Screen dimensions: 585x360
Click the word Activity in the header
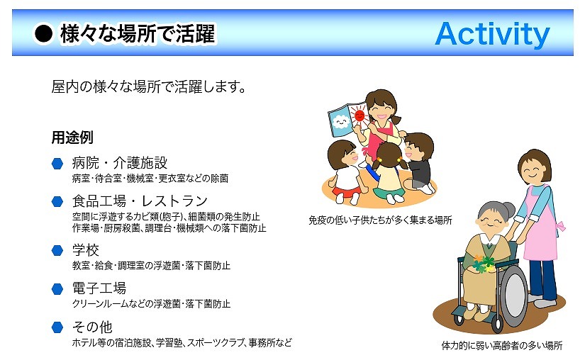[x=493, y=34]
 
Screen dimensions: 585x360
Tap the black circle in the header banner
[x=44, y=34]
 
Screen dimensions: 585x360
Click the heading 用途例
[x=72, y=137]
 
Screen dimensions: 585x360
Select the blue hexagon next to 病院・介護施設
[x=57, y=163]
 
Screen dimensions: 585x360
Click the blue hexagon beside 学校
[x=57, y=250]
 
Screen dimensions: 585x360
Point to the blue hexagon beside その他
[x=57, y=327]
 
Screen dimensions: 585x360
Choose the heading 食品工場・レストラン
[x=140, y=201]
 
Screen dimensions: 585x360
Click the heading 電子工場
[x=99, y=288]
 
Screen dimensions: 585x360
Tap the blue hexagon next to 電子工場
[x=57, y=289]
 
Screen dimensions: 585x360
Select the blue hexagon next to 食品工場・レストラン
[x=57, y=202]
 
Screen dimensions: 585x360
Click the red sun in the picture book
[x=360, y=115]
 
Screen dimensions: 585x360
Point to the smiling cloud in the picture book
[x=341, y=121]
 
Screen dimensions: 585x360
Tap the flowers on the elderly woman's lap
[x=484, y=263]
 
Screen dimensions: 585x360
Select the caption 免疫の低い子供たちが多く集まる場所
[x=380, y=220]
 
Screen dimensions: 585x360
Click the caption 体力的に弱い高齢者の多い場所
[x=502, y=345]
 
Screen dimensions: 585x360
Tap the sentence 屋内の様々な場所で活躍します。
[x=149, y=87]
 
